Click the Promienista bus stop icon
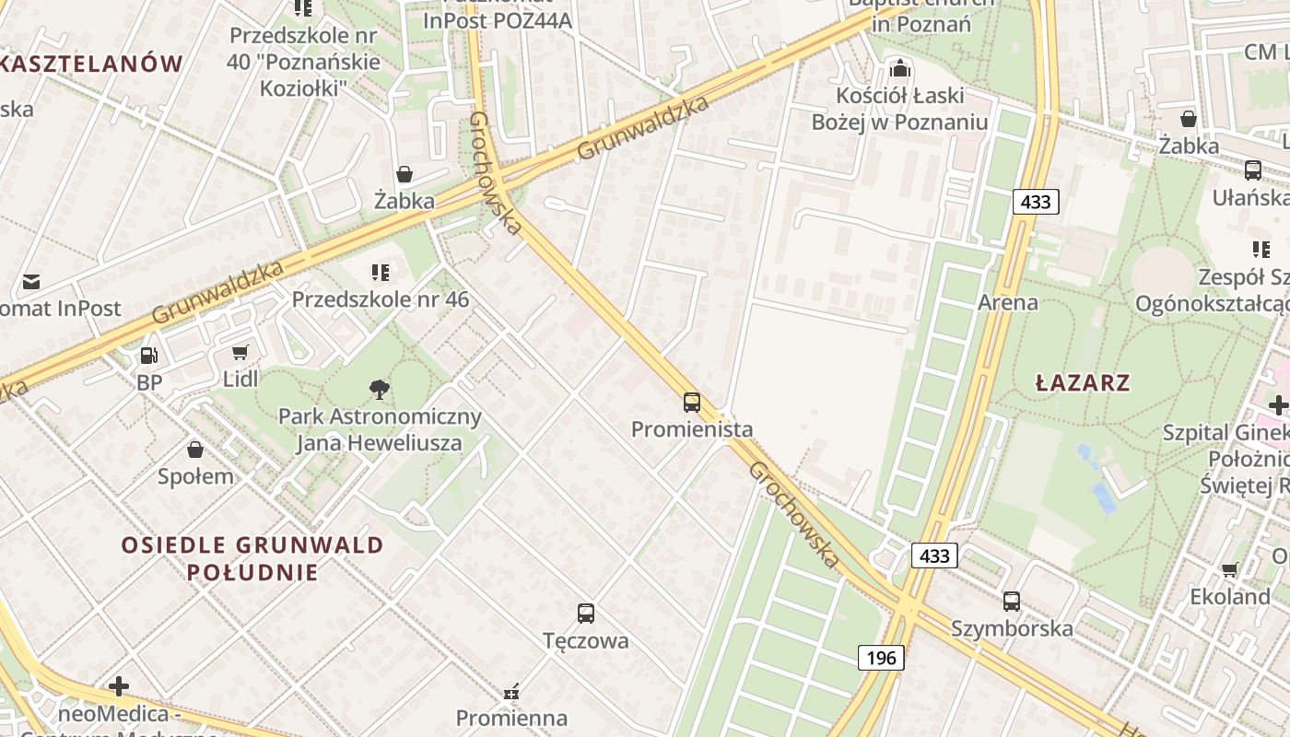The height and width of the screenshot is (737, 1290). coord(692,403)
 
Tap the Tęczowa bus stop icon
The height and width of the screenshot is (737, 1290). coord(585,614)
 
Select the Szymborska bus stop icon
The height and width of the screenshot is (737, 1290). coord(1012,602)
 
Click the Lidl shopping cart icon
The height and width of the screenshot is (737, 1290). coord(240,353)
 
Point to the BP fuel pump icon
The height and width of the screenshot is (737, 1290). coord(148,356)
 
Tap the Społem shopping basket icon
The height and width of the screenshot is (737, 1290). coord(195,450)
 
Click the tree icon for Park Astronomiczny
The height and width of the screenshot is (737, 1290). coord(379,390)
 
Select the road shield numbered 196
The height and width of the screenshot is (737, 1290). coord(881,658)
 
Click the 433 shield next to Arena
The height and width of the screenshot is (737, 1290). coord(1036,202)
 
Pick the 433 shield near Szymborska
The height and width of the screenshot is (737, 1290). coord(934,556)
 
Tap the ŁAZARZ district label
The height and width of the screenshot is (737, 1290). coord(1083,382)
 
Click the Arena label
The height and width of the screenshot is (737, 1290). coord(1008,302)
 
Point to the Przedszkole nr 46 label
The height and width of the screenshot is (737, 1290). coord(381,299)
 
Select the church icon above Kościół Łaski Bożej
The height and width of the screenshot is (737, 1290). coord(899,68)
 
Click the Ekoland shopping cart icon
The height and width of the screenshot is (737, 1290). coord(1229,570)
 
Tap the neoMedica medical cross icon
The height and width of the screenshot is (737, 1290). coord(118,686)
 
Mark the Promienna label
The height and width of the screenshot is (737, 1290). coord(511,717)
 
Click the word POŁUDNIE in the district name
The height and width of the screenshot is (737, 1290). coord(252,572)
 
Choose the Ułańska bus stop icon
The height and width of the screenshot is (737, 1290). coord(1252,170)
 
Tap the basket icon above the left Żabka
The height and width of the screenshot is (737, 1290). coord(404,174)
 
